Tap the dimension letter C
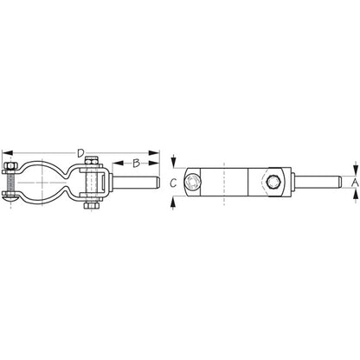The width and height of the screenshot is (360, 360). [x=174, y=182]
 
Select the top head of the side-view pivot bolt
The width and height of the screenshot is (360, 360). [x=91, y=158]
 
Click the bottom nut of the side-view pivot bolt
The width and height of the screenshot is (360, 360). [x=91, y=207]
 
